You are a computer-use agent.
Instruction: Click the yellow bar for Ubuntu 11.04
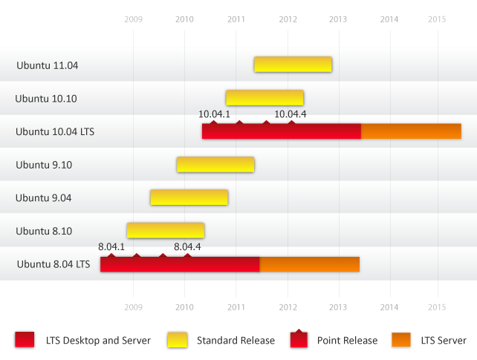[293, 65]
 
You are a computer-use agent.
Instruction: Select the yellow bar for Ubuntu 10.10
[265, 98]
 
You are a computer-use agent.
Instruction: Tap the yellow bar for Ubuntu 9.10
[215, 165]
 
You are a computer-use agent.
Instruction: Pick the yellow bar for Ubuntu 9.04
[189, 197]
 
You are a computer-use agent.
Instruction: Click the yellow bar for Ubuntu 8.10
[165, 231]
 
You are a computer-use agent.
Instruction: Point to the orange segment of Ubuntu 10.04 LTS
[411, 131]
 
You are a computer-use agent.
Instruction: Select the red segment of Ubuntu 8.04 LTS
[180, 264]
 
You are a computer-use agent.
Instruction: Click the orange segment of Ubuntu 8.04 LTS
[309, 264]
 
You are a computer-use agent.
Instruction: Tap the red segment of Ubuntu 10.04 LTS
[282, 131]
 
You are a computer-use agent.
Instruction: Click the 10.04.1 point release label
[214, 114]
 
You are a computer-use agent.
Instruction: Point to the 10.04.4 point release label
[290, 114]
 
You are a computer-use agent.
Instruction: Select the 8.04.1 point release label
[111, 246]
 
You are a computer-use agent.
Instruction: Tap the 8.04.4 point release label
[187, 246]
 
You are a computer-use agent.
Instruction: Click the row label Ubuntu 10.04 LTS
[55, 132]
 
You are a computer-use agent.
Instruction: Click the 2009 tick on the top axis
[133, 19]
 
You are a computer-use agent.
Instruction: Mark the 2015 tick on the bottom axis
[437, 306]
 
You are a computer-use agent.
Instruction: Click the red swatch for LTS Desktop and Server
[25, 340]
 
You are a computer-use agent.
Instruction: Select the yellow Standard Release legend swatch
[178, 340]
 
